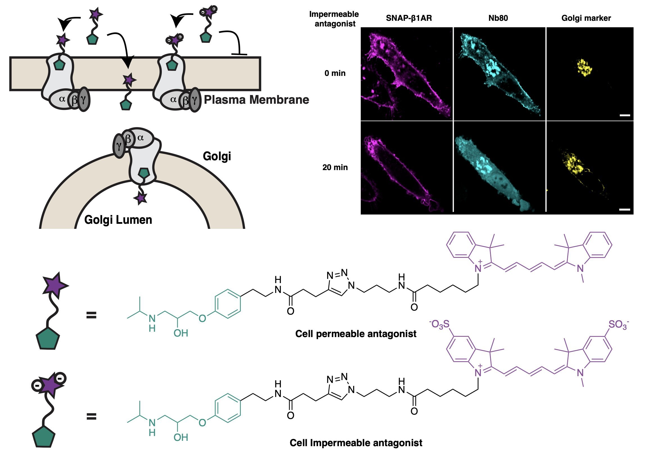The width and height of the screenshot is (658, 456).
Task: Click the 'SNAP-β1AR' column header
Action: coord(409,18)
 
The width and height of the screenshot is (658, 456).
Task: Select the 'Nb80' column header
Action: coord(498,18)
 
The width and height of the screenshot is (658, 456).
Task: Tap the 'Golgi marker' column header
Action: coord(586,18)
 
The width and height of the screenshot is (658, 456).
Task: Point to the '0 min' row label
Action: coord(335,73)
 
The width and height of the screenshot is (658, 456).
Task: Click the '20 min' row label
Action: coord(335,168)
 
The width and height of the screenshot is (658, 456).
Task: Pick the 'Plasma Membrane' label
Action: coord(256,100)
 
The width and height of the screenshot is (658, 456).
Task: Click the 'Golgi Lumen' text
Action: coord(118,220)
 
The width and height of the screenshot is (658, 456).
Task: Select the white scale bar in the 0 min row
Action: coord(625,116)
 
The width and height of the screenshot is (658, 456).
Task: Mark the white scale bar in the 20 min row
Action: coord(625,209)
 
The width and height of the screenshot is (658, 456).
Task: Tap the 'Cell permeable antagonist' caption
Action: coord(356,334)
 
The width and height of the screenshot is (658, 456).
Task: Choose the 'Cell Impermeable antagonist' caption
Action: coord(356,443)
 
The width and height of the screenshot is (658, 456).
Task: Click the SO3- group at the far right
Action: coord(618,325)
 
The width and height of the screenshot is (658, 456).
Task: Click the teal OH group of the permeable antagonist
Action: coord(181,333)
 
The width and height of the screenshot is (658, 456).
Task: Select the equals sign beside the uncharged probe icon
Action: coord(91,315)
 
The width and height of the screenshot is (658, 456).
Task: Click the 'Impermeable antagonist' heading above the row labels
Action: coord(334,19)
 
